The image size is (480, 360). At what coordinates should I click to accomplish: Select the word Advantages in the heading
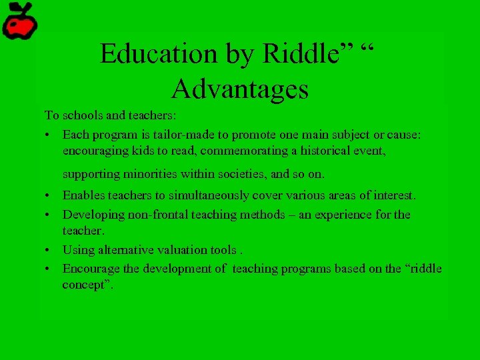pos(239,88)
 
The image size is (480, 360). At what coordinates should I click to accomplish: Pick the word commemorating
pos(245,151)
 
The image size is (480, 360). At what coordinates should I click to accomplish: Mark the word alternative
pos(127,250)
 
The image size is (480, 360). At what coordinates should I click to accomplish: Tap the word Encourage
pos(91,269)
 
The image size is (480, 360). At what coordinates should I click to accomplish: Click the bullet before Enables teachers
pos(49,196)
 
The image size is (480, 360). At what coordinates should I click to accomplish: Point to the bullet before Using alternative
pos(49,251)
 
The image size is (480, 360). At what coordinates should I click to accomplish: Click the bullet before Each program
pos(49,135)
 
